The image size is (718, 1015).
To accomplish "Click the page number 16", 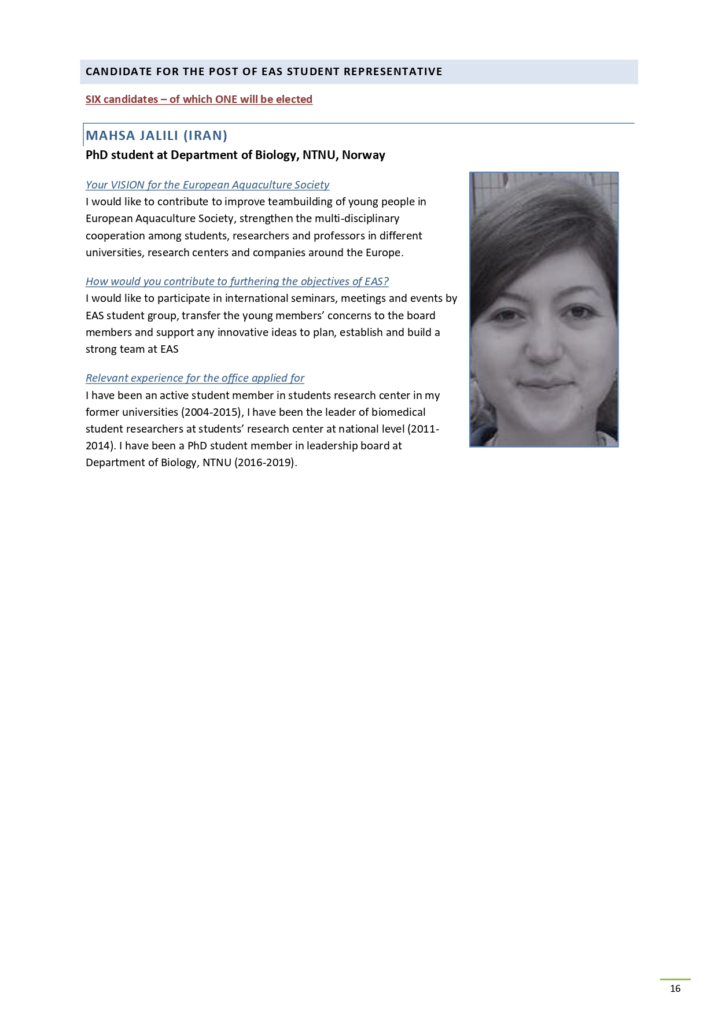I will point(675,988).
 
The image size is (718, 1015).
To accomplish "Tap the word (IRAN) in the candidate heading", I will point(205,136).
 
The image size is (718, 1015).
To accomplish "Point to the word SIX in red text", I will point(93,99).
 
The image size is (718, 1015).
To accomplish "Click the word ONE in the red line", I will point(226,99).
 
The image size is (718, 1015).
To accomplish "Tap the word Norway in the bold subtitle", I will point(363,155).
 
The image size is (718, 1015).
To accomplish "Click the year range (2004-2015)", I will point(211,412).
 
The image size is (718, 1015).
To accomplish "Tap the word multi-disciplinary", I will point(357,219).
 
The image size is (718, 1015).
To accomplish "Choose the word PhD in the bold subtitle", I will point(97,155).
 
